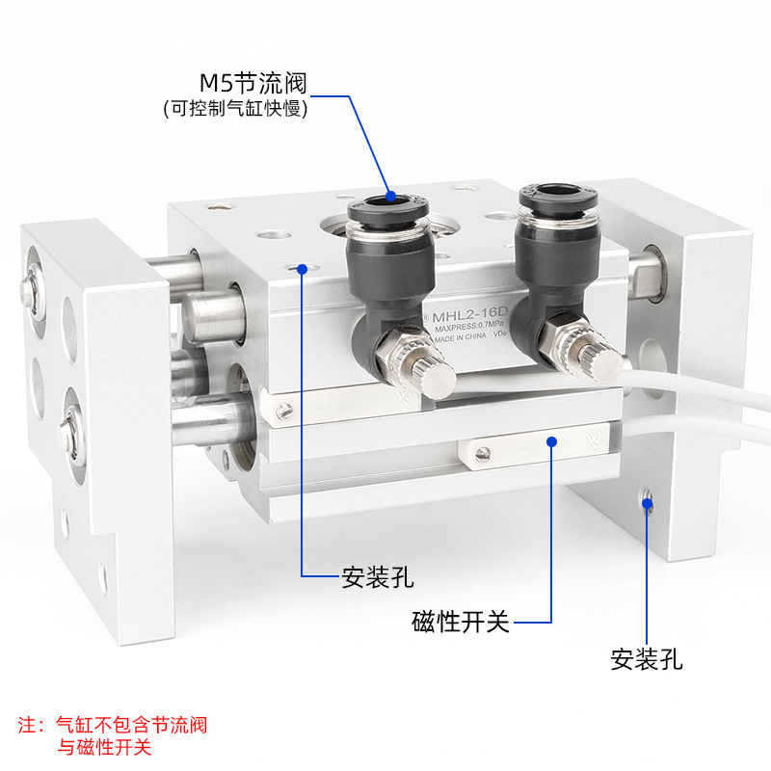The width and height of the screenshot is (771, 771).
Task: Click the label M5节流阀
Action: (253, 84)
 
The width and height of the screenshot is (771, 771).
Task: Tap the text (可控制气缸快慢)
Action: (235, 109)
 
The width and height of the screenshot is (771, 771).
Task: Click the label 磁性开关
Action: (460, 622)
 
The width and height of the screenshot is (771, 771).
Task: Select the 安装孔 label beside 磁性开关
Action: (378, 577)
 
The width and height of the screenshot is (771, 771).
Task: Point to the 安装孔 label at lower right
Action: (646, 659)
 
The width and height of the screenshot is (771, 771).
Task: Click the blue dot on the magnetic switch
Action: (552, 441)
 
